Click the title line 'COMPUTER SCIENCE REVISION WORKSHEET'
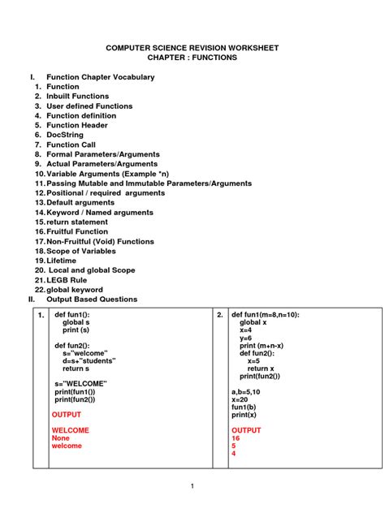pos(192,48)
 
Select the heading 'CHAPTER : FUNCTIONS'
pos(192,58)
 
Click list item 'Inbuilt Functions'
pos(77,97)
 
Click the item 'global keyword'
pos(75,290)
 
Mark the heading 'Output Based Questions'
pos(92,300)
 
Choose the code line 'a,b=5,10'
pos(248,391)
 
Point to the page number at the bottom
pos(192,485)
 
